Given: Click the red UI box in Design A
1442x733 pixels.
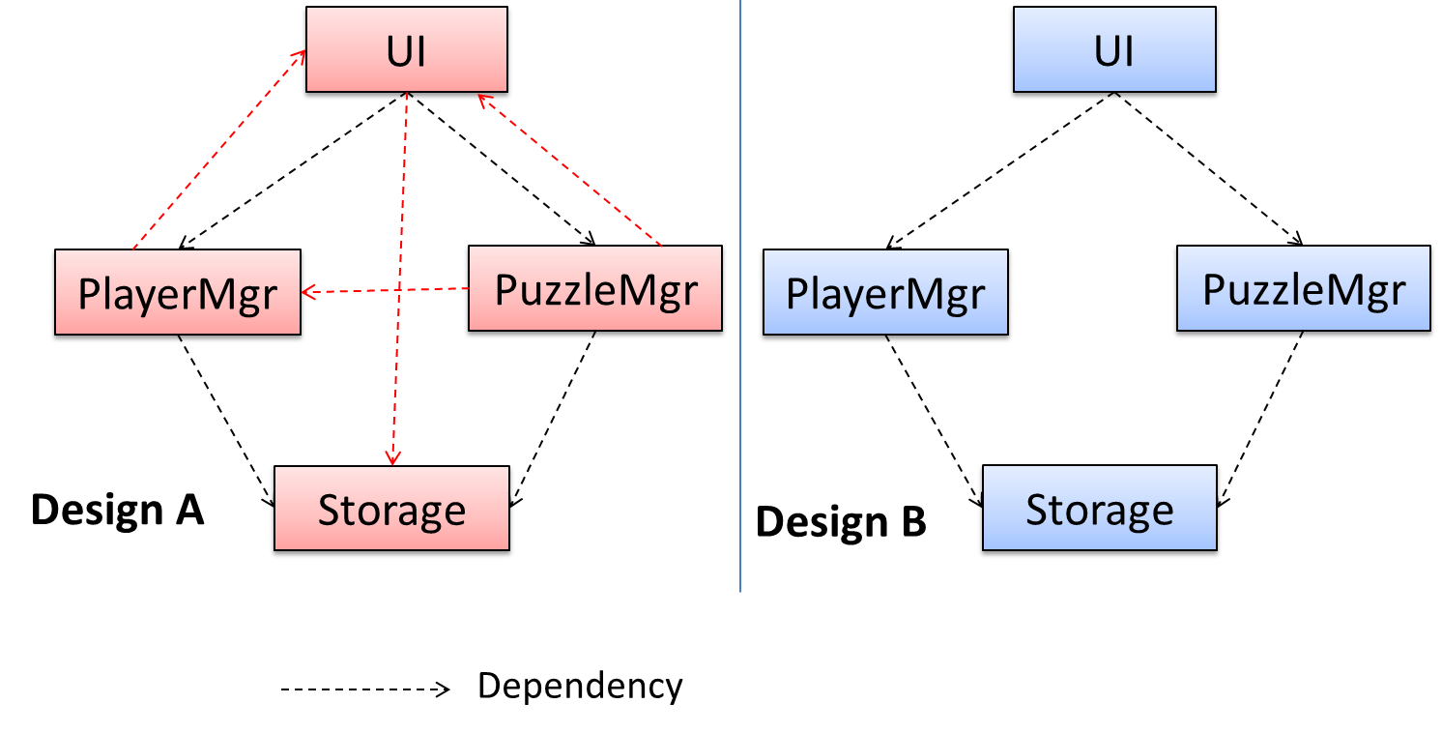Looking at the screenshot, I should [x=406, y=51].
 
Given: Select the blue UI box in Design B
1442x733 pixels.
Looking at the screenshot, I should [x=1112, y=51].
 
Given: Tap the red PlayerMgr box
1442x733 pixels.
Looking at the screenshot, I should [x=178, y=293].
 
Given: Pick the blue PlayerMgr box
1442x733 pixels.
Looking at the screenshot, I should [x=885, y=294].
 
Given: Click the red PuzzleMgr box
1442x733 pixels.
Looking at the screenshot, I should [x=594, y=291].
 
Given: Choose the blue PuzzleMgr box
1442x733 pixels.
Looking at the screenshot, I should [x=1303, y=290].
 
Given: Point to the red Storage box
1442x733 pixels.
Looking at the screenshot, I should [x=391, y=511].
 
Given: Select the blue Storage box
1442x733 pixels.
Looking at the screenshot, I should [x=1099, y=511].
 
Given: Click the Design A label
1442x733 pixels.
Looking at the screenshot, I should [x=118, y=510].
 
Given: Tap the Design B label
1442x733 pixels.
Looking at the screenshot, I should [x=841, y=522].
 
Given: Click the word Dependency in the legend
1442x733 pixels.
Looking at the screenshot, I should [x=580, y=687].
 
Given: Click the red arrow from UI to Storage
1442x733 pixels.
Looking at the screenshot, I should [x=397, y=280].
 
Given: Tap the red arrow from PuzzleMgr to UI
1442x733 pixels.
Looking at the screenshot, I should [x=570, y=169].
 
